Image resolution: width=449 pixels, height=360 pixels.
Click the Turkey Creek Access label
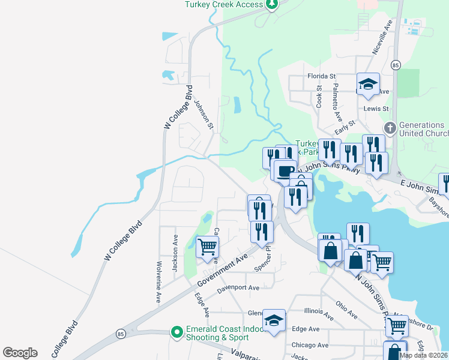[224, 4]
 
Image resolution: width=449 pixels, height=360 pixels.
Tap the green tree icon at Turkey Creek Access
[273, 5]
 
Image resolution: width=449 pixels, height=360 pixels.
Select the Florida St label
[321, 77]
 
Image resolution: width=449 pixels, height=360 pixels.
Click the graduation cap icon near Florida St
[368, 85]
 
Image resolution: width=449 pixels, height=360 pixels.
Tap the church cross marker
[390, 128]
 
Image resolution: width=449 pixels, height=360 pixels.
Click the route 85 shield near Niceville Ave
[394, 65]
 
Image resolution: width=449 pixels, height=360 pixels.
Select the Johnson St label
[203, 114]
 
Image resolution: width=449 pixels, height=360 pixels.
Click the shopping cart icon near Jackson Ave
[207, 246]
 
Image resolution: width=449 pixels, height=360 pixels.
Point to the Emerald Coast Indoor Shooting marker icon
[176, 332]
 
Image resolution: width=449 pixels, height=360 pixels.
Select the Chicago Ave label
[310, 345]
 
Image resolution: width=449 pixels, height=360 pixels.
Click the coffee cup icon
[285, 170]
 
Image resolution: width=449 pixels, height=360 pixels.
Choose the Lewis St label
[376, 109]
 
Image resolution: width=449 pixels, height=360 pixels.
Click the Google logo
[20, 353]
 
